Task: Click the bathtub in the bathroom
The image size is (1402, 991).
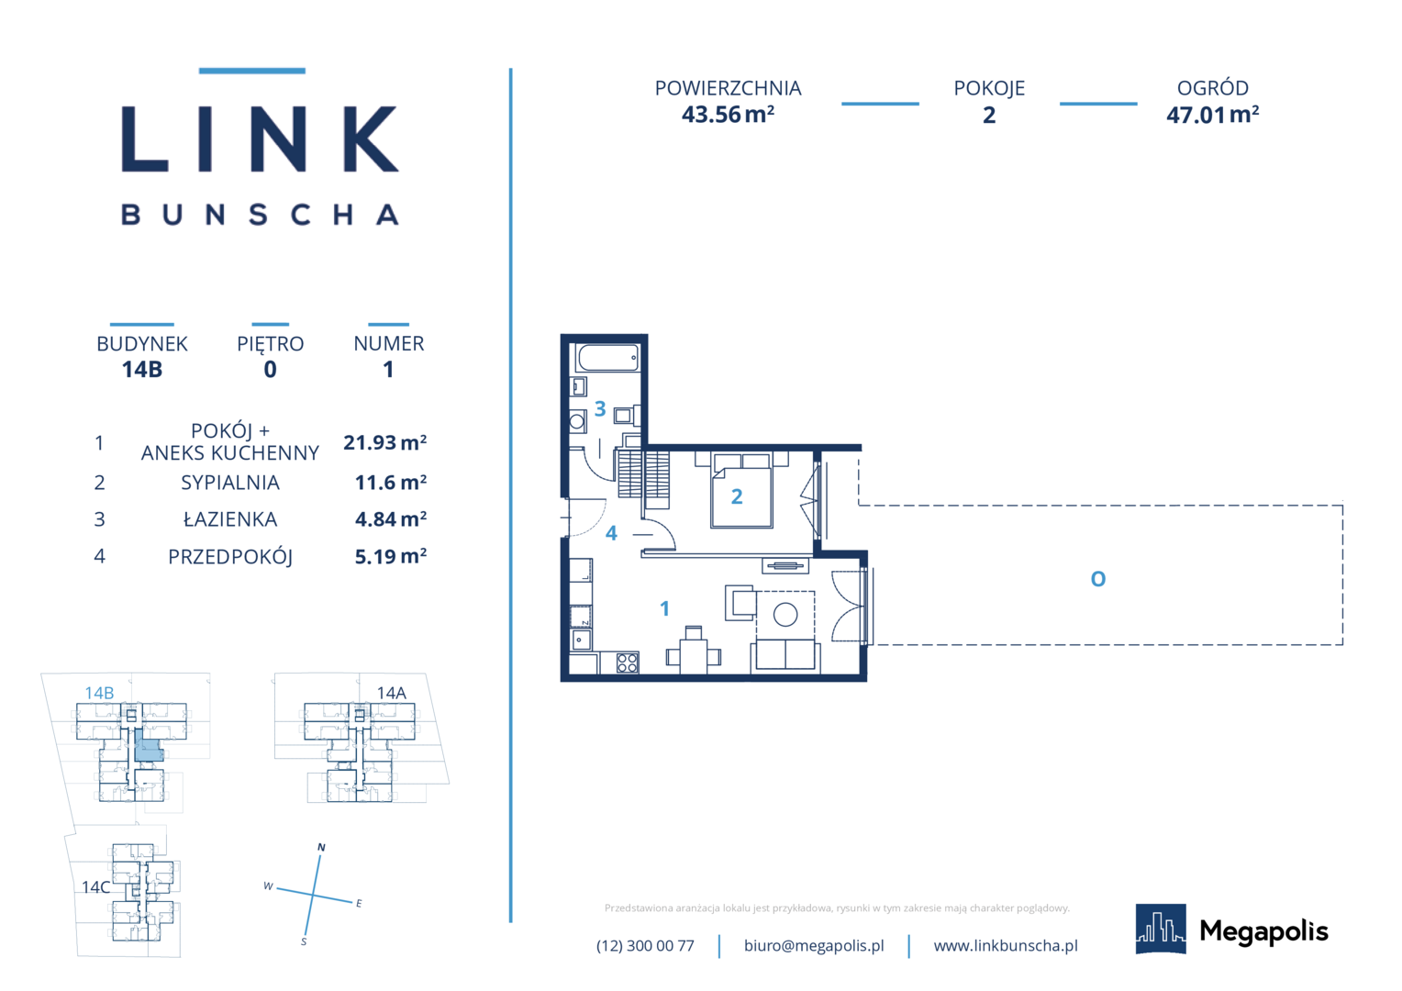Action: coord(608,358)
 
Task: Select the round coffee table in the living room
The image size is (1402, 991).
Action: coord(784,614)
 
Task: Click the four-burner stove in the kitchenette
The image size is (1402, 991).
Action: coord(628,663)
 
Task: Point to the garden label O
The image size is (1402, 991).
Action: coord(1097,579)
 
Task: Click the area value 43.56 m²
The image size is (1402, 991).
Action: coord(728,115)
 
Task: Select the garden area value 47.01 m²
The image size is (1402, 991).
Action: coord(1212,115)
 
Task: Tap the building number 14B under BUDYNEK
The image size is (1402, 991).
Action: coord(142,370)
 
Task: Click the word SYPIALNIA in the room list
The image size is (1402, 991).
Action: coord(230,483)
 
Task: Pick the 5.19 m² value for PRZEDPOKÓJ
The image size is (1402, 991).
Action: coord(391,556)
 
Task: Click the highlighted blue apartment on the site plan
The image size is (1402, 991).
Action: coord(149,750)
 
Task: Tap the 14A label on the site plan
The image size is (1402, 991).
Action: coord(391,693)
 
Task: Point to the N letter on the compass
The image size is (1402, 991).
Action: coord(321,847)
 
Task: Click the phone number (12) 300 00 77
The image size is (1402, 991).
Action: coord(645,945)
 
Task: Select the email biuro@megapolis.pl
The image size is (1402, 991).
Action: coord(814,945)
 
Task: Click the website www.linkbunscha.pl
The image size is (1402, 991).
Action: coord(1006,945)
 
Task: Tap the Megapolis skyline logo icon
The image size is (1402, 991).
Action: coord(1161,929)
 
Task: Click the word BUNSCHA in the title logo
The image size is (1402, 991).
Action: coord(260,214)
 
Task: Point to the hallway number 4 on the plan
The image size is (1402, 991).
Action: coord(611,533)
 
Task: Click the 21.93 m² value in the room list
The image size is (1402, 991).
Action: coord(385,442)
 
